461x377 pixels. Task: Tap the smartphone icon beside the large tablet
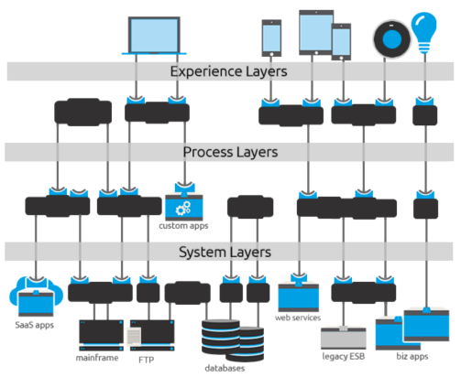pyautogui.click(x=271, y=38)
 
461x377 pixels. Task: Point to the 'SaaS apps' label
pyautogui.click(x=35, y=324)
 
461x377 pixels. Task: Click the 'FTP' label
pyautogui.click(x=147, y=360)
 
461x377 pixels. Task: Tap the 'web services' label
pyautogui.click(x=298, y=318)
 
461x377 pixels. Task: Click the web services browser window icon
pyautogui.click(x=298, y=296)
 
